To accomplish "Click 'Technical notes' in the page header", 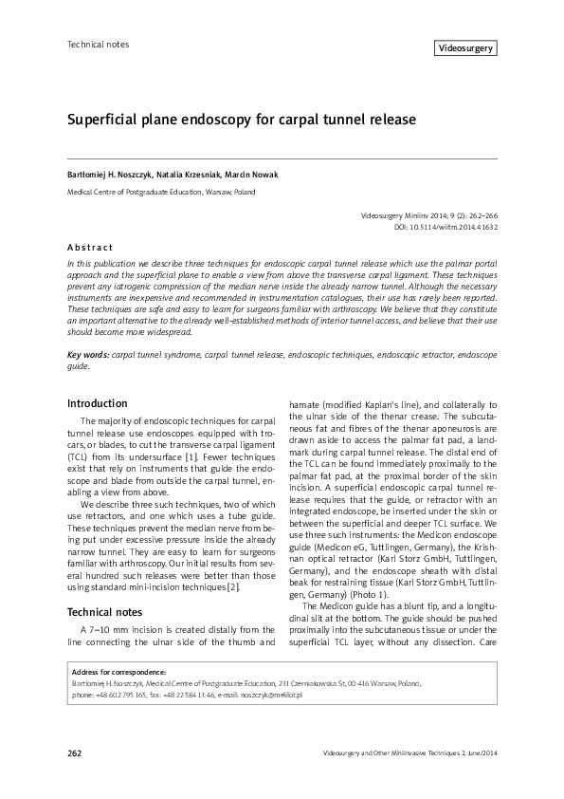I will (98, 45).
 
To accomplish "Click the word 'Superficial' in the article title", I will (100, 121).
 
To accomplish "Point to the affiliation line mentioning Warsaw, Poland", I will (160, 192).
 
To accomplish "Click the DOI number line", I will (446, 228).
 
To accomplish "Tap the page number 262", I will (76, 753).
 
